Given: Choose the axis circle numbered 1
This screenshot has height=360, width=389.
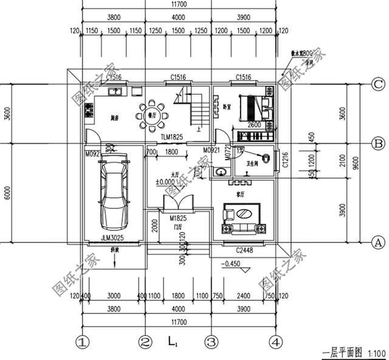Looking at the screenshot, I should [83, 342].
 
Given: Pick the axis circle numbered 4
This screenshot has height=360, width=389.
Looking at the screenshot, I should [277, 342].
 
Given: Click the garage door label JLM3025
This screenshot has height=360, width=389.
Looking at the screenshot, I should [112, 239].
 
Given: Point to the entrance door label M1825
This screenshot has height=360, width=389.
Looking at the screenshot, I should [177, 217].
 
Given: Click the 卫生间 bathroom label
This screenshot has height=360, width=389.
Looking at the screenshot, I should [249, 163].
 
